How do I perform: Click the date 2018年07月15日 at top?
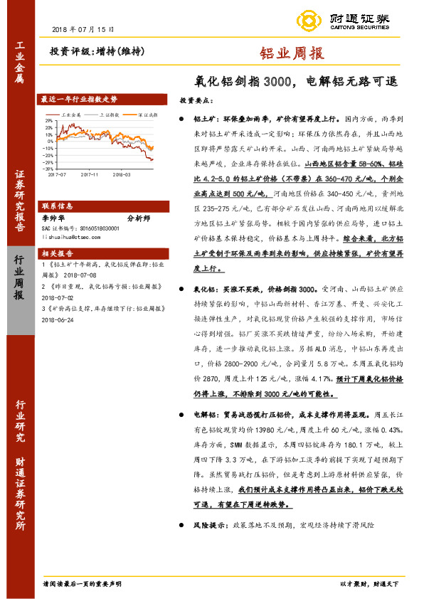[x=83, y=29]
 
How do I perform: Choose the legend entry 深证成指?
[x=147, y=114]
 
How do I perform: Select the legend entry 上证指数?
[x=109, y=114]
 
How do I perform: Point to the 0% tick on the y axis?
[x=49, y=142]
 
